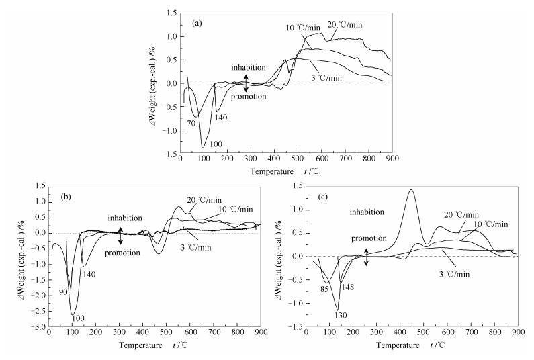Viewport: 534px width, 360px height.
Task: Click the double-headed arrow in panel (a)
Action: (246, 83)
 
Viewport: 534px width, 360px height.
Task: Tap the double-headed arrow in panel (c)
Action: (366, 256)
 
